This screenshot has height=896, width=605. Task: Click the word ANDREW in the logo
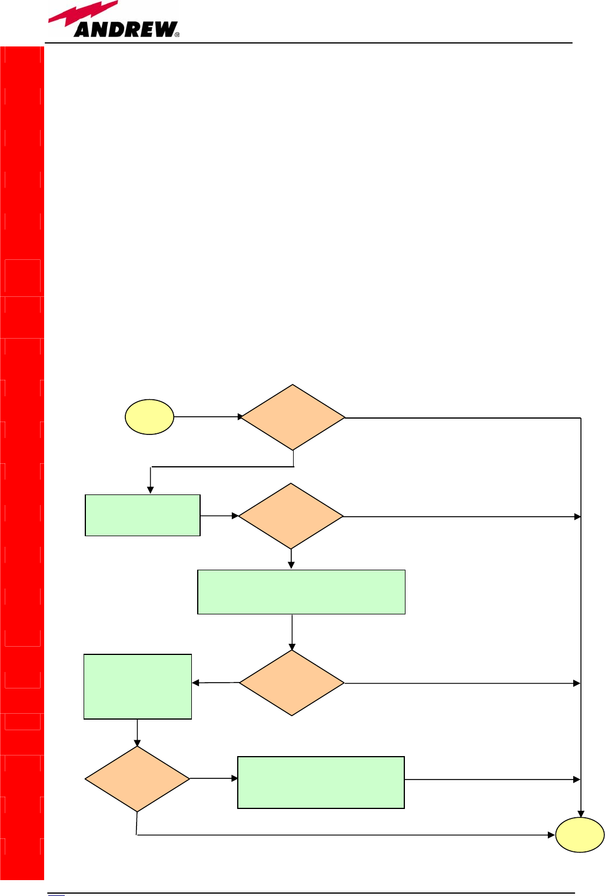point(125,29)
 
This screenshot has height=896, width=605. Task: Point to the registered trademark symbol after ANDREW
point(177,35)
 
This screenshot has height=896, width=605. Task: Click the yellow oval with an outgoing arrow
point(149,417)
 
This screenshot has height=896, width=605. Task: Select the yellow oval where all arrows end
point(580,835)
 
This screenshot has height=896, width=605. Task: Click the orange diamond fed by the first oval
point(293,417)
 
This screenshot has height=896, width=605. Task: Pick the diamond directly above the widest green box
point(291,516)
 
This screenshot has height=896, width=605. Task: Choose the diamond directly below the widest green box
point(291,683)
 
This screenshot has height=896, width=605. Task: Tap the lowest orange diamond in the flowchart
point(137,779)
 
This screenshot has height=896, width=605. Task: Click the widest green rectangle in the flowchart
point(301,592)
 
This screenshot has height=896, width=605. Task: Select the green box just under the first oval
point(142,516)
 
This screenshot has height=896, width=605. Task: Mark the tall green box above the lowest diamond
point(138,686)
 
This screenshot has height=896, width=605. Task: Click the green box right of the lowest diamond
point(321,783)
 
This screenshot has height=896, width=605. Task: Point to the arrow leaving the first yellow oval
point(208,417)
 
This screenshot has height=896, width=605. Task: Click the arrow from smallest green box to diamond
point(219,516)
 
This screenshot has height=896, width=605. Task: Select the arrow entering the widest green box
point(291,559)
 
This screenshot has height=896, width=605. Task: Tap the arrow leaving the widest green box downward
point(292,632)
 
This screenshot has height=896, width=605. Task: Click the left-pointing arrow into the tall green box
point(215,683)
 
